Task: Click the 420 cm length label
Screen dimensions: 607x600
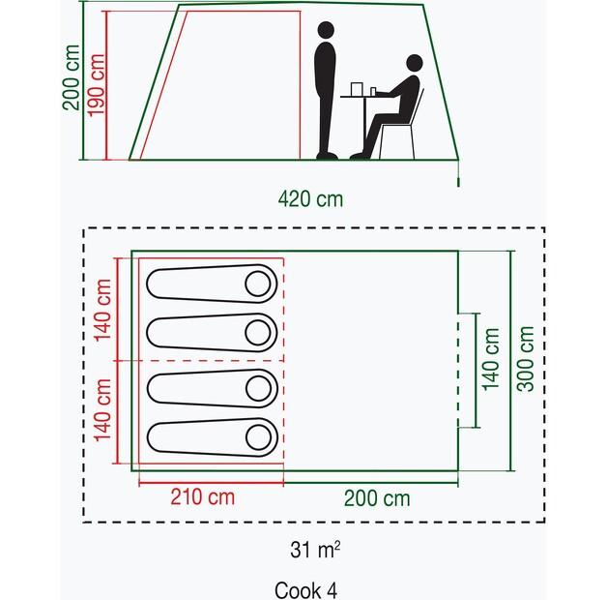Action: (x=310, y=199)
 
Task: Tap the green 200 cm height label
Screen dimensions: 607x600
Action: (x=72, y=77)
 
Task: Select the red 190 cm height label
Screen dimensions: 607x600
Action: (x=96, y=85)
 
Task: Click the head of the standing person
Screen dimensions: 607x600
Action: (x=326, y=30)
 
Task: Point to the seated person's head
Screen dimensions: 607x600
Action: (x=415, y=63)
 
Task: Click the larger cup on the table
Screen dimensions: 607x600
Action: (x=356, y=89)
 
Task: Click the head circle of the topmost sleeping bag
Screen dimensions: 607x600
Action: (x=258, y=284)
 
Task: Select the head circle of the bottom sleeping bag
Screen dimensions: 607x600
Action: (x=259, y=437)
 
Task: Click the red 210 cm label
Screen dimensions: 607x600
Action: (x=202, y=497)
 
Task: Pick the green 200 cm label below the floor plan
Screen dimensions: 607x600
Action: (x=377, y=498)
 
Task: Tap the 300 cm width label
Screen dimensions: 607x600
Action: (x=526, y=359)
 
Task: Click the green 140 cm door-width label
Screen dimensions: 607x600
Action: (x=490, y=359)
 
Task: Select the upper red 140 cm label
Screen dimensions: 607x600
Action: (x=103, y=310)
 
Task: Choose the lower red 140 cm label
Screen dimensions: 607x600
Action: (x=103, y=410)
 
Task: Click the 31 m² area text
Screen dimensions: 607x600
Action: (x=315, y=550)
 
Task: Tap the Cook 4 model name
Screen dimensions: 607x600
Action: (x=305, y=590)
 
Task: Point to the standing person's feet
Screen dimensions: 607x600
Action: (x=327, y=156)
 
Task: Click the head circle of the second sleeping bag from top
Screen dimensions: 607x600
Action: (x=258, y=333)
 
